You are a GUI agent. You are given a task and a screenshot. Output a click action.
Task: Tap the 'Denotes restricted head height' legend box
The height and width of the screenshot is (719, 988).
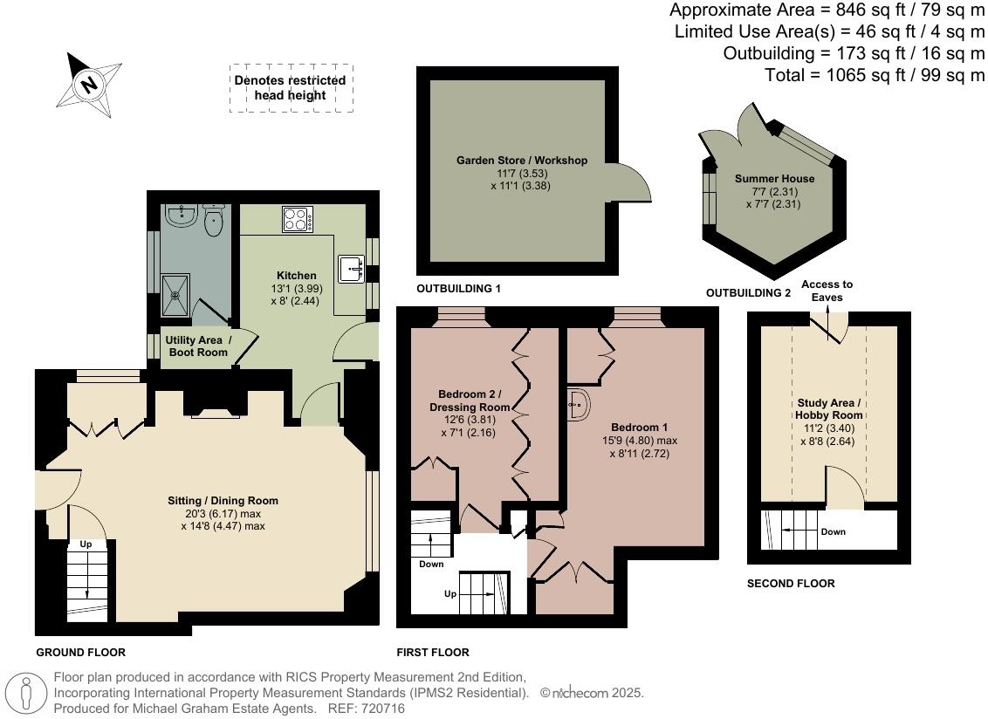[x=291, y=87]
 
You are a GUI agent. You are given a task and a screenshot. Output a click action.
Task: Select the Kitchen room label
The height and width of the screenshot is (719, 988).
[x=296, y=276]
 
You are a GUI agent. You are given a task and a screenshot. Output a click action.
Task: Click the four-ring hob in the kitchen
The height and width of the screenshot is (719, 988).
[x=298, y=219]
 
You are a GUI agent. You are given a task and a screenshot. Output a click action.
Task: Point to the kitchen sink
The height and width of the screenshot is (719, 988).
[x=353, y=268]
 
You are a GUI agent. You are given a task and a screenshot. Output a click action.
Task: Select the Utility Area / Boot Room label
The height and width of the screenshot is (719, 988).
[x=198, y=346]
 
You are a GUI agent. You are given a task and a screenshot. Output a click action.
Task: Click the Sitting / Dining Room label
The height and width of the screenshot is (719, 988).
[x=223, y=501]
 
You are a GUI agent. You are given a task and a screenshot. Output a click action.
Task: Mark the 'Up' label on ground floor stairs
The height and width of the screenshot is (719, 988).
[x=86, y=544]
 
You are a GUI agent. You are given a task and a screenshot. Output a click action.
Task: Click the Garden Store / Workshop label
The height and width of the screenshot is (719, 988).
[x=522, y=161]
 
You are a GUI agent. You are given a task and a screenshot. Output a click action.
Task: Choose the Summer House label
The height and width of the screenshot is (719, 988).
[x=762, y=179]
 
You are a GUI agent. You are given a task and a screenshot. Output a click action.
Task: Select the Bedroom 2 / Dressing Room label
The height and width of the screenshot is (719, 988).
[x=470, y=401]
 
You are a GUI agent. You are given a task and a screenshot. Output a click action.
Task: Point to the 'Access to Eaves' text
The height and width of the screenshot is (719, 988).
[x=827, y=291]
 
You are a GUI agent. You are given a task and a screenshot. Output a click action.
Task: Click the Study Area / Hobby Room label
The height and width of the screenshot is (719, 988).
[x=828, y=409]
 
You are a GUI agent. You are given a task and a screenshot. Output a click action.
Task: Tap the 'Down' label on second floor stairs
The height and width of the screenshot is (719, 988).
[x=833, y=531]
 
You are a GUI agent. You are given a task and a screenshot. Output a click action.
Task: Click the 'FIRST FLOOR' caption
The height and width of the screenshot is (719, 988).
[x=432, y=652]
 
